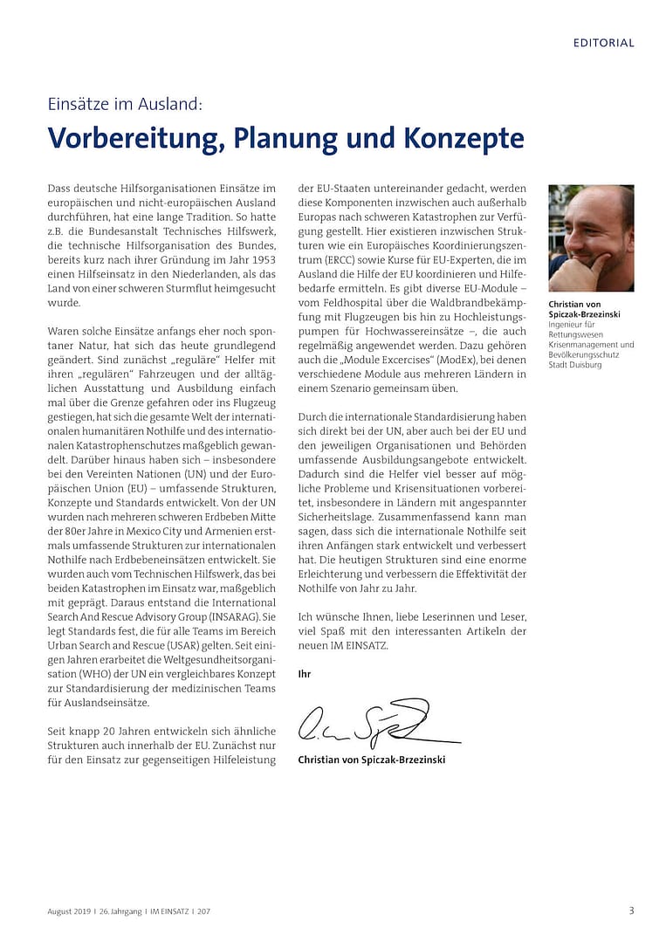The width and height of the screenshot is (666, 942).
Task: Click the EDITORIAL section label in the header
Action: point(603,43)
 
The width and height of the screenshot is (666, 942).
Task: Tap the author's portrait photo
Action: point(591,238)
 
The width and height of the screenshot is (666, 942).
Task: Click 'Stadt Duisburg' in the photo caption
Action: point(574,365)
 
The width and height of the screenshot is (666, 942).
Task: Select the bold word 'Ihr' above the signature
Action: point(304,674)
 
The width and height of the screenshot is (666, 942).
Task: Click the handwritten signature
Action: point(367,723)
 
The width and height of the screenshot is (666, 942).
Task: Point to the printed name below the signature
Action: point(371,760)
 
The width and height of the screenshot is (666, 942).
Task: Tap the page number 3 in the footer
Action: point(631,911)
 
